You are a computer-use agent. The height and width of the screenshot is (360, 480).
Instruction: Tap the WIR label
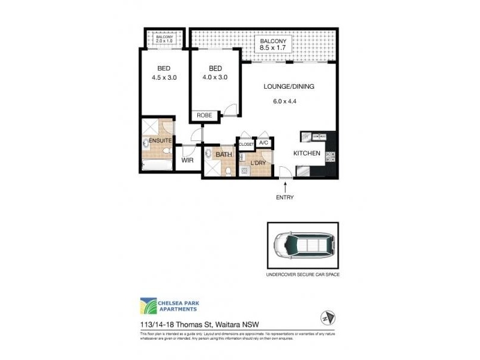pos(187,161)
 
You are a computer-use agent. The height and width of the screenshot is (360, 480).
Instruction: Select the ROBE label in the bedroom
pos(202,116)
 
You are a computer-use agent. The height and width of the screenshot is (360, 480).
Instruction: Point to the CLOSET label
pos(247,145)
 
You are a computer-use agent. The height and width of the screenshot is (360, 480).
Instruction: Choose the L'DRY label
pos(258,163)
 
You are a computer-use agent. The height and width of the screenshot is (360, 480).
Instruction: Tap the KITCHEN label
pos(306,154)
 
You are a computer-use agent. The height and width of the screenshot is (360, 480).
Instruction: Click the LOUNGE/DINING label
pos(289,86)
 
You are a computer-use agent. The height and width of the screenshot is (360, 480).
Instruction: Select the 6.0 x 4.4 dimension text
pos(285,101)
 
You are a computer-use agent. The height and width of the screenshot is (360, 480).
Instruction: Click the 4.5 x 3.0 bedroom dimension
pos(164,77)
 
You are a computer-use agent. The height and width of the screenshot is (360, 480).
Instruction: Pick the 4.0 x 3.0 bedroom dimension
pos(215,77)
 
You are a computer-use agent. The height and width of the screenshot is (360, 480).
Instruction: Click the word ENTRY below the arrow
pos(285,197)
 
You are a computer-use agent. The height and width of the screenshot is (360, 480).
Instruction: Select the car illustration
pos(302,246)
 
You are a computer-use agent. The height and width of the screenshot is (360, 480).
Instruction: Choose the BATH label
pos(224,155)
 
